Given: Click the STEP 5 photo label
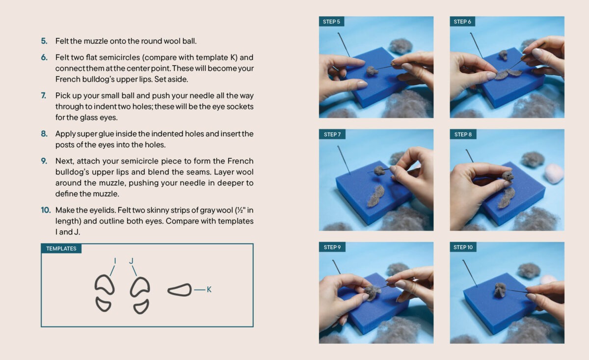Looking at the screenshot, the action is (331, 22).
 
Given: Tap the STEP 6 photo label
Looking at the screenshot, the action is (462, 22).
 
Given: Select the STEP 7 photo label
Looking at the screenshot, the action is (332, 134).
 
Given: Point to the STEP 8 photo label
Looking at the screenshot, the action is (463, 134).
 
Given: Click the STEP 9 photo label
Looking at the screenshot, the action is (332, 247).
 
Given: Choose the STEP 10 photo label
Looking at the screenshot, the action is (463, 247).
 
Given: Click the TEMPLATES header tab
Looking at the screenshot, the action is (61, 249).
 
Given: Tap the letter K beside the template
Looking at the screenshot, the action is (209, 289).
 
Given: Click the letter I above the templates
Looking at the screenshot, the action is (115, 261).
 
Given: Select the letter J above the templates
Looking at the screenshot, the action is (131, 261).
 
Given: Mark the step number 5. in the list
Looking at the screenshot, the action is (44, 41).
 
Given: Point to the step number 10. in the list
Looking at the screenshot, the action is (46, 210).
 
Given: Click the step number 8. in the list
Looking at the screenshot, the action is (44, 134).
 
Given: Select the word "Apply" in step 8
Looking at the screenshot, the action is (65, 134).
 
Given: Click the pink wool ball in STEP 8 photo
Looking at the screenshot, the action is (554, 173).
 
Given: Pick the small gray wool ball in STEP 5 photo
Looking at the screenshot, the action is (372, 71).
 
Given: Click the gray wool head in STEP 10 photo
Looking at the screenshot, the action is (500, 290).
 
